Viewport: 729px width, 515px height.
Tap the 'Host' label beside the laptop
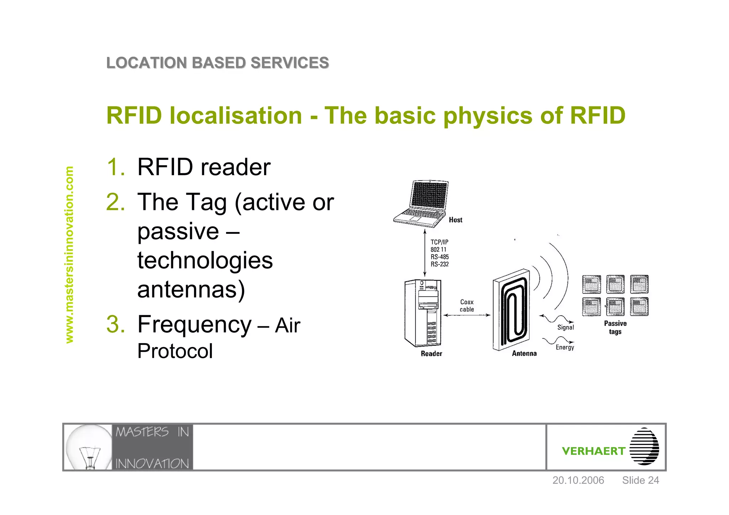pos(455,220)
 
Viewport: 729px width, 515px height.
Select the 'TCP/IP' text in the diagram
pos(439,242)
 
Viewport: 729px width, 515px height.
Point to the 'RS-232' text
pos(440,264)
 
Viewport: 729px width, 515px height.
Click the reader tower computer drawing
pos(423,313)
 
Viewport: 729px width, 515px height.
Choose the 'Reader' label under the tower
pos(431,353)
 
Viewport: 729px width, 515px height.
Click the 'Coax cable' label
pos(467,305)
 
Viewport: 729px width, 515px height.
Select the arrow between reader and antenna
pos(467,315)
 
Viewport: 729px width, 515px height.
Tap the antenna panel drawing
pos(511,310)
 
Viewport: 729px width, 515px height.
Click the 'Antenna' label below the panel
pos(524,353)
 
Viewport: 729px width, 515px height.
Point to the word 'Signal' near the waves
pos(566,327)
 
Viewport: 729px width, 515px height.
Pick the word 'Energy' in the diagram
pos(565,347)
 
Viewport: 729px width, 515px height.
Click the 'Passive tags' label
pos(615,327)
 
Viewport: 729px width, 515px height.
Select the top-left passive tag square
pos(591,284)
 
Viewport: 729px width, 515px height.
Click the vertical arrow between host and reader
pos(425,253)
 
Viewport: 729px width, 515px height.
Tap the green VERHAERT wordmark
pos(593,451)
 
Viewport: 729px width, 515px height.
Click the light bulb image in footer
pos(89,447)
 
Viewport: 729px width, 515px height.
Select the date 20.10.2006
pos(578,480)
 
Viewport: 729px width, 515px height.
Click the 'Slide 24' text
pos(640,480)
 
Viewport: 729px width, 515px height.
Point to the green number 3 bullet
pos(115,324)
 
